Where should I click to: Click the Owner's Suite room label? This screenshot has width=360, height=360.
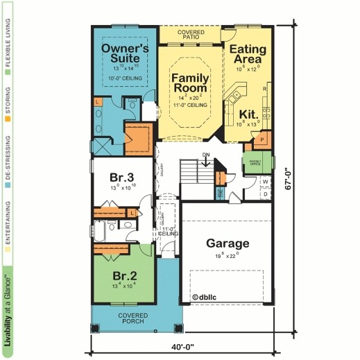[x=126, y=53]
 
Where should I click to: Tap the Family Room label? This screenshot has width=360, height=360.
[x=189, y=83]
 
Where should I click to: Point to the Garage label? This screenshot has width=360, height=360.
[x=227, y=243]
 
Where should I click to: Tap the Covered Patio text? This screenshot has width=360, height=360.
[x=190, y=35]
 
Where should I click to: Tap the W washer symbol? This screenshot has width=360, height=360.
[x=265, y=182]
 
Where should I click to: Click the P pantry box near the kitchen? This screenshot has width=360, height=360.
[x=262, y=139]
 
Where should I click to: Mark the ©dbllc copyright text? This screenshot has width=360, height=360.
[x=206, y=296]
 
